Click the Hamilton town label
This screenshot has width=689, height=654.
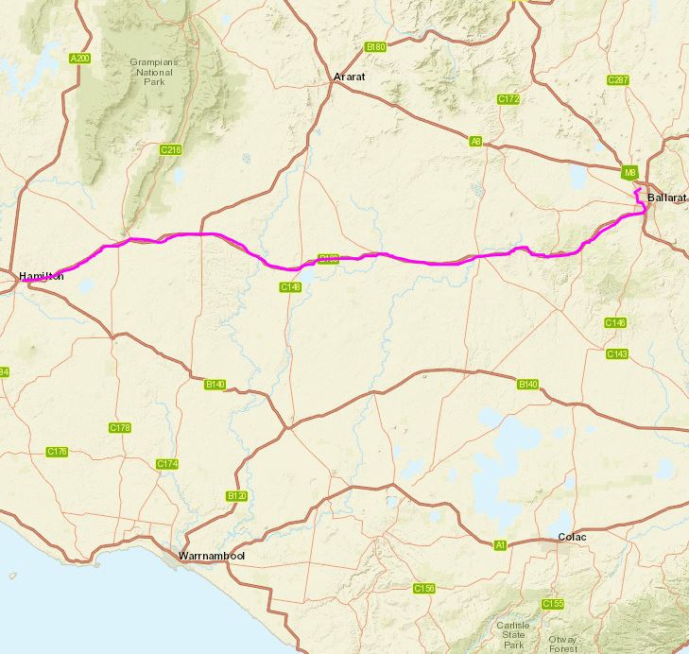coord(41,276)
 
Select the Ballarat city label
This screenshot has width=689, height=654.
coord(667,198)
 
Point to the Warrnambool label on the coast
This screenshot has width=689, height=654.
coord(213,556)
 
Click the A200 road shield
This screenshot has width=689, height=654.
coord(81,59)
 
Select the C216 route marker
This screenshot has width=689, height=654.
coord(170,149)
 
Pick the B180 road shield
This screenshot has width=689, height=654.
coord(375,46)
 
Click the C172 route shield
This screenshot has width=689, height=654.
coord(509,98)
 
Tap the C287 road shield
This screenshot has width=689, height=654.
coord(619,79)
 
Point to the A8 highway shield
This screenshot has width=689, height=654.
coord(475,141)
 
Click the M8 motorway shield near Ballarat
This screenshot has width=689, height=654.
coord(630,173)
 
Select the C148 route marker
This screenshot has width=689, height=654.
coord(289,286)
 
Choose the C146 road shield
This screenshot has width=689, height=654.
coord(614,323)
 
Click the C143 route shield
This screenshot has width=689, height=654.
coord(616,353)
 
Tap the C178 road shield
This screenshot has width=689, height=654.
coord(120,428)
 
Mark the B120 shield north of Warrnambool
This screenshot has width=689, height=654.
coord(236,496)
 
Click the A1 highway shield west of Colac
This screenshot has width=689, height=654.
coord(500,544)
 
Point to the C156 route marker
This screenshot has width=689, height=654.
coord(424,588)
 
